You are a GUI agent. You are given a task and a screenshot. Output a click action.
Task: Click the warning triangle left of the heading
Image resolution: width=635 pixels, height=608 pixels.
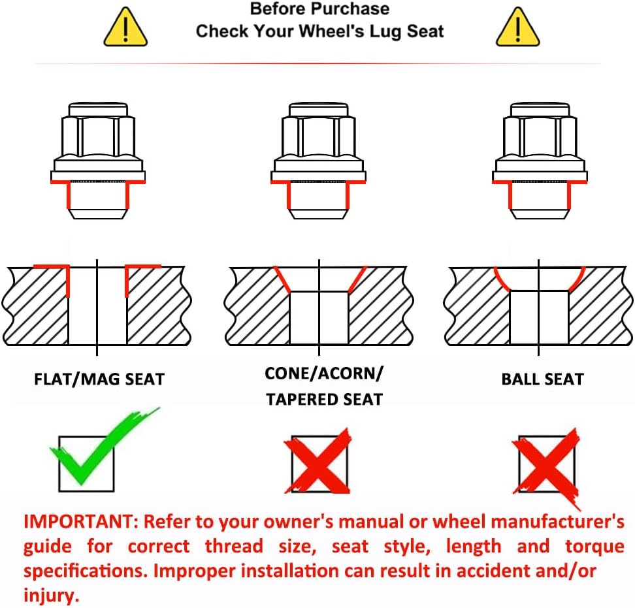[125, 27]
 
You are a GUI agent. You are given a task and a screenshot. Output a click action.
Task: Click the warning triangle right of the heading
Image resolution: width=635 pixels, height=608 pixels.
[518, 27]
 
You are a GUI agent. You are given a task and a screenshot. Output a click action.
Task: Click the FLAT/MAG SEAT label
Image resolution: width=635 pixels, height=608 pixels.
[99, 379]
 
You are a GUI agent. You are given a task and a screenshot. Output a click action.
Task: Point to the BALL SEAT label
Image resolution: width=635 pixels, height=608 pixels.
[543, 379]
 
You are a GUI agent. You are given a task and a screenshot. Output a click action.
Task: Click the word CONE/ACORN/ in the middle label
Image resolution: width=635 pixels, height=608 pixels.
[323, 373]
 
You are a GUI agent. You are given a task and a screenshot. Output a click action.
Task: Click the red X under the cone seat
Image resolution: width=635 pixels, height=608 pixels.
[318, 460]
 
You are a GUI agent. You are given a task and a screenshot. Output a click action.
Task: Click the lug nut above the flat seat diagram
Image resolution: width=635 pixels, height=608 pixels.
[98, 161]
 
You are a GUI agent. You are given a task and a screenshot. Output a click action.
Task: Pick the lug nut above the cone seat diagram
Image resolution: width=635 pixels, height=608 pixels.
[318, 161]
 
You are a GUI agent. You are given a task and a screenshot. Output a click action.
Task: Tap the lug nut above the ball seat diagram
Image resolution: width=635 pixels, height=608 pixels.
[540, 161]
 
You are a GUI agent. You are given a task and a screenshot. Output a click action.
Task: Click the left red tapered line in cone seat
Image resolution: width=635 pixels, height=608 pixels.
[282, 280]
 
